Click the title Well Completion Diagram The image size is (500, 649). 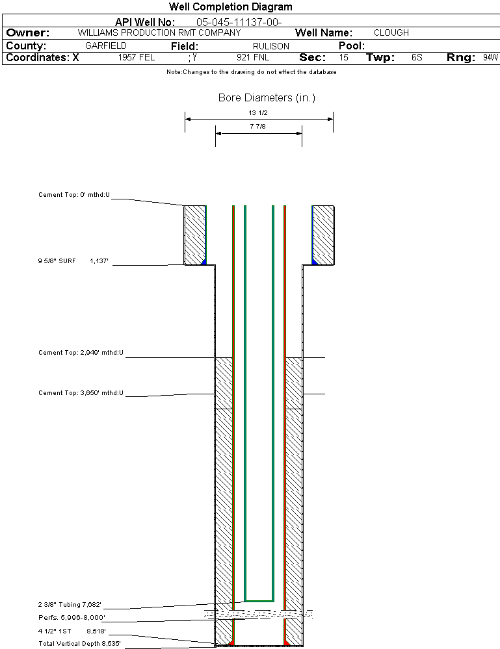tap(230, 7)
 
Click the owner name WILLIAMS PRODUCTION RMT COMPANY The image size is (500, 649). tap(159, 32)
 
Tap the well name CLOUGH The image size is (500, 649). tap(391, 32)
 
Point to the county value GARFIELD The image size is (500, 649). tap(106, 46)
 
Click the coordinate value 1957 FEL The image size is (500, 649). tap(137, 58)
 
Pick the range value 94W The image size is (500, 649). tap(490, 58)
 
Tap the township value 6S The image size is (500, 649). tap(417, 58)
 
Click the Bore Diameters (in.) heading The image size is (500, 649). tap(267, 98)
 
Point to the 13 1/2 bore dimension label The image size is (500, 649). tap(259, 113)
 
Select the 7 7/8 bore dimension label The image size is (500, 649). tap(258, 127)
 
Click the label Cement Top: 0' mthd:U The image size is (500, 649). tap(74, 194)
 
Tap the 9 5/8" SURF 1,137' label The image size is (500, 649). tap(73, 261)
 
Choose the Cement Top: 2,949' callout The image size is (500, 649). tap(81, 353)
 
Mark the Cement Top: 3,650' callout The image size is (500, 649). tap(81, 392)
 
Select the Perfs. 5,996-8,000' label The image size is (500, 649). tap(72, 617)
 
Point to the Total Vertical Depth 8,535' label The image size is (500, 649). tap(79, 644)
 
